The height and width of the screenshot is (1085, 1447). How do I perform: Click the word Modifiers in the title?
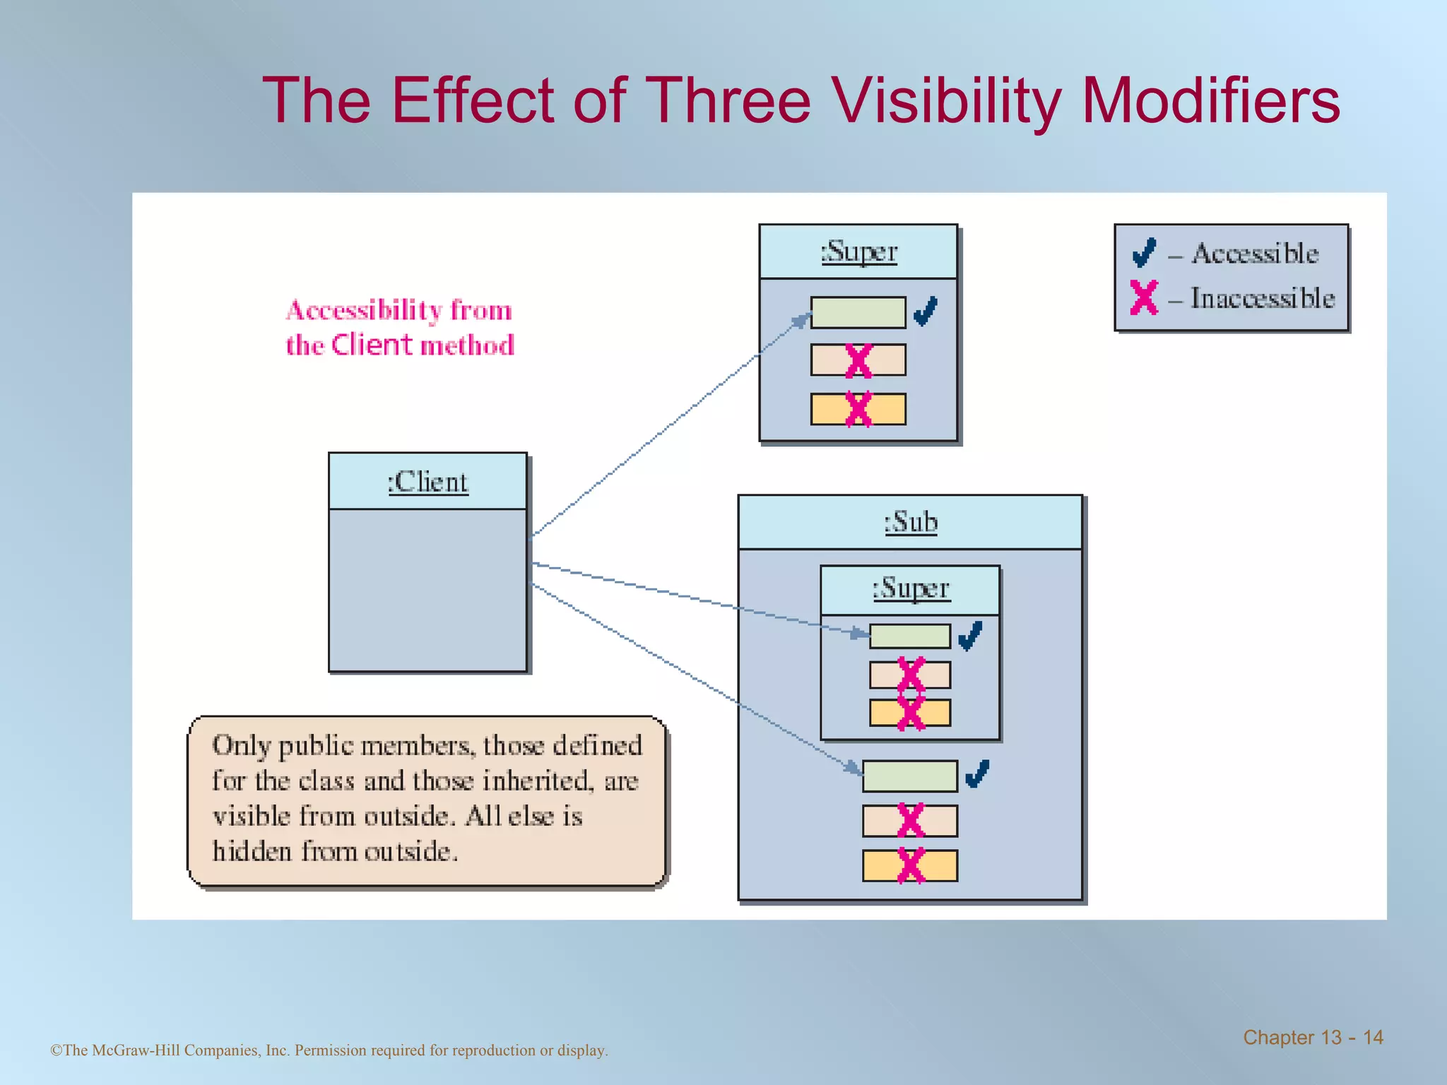point(1210,101)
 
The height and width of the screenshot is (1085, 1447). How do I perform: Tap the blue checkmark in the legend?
point(1144,252)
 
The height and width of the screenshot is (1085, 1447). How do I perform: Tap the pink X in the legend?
point(1144,297)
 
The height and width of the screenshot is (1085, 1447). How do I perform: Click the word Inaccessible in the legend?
point(1263,298)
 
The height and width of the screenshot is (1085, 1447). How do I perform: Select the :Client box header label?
point(427,482)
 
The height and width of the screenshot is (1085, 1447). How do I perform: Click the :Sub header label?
point(911,522)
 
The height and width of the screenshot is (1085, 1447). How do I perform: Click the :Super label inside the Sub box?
point(911,588)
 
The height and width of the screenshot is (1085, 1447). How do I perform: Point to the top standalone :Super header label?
point(858,251)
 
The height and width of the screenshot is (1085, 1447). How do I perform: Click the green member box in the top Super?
point(858,312)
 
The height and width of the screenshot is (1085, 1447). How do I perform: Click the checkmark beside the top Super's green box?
point(926,311)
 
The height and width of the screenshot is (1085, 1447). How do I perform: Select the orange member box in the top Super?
point(858,409)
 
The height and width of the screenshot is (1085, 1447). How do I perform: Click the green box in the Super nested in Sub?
point(910,636)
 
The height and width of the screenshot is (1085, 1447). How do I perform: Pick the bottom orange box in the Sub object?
point(910,865)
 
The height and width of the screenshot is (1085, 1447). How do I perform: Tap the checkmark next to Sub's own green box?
point(977,774)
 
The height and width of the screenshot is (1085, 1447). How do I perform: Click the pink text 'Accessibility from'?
point(399,310)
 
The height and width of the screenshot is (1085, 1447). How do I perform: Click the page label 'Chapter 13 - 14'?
point(1313,1037)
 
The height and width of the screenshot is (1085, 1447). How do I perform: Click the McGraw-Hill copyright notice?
point(329,1050)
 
